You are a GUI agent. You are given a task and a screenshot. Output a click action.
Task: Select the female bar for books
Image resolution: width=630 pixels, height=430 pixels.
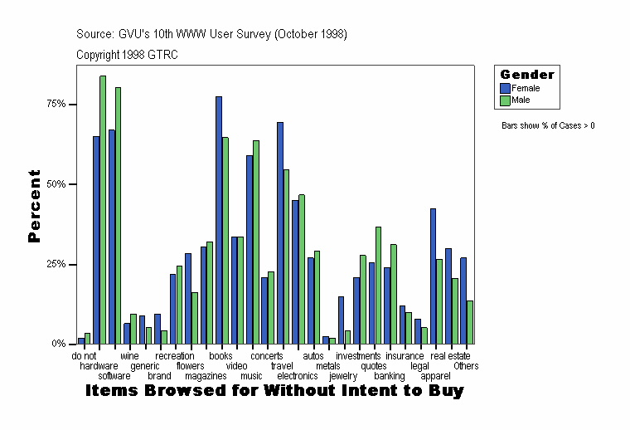[x=219, y=220]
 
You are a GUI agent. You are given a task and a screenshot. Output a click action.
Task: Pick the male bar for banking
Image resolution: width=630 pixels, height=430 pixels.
[x=394, y=294]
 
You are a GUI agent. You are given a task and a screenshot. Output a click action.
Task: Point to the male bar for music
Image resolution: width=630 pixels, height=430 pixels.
[x=256, y=242]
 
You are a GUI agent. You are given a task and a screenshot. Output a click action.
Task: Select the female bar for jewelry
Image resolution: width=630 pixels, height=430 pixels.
[x=341, y=320]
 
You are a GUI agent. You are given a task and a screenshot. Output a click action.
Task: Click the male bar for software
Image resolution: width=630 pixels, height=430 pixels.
[x=119, y=215]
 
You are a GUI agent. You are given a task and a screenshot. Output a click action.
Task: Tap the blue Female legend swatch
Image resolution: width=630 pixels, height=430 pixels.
[x=505, y=88]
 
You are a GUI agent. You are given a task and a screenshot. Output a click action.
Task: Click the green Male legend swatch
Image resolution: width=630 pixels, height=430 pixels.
[x=505, y=100]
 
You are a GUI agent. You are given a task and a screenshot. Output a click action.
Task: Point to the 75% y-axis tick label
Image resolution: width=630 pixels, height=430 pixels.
[x=56, y=104]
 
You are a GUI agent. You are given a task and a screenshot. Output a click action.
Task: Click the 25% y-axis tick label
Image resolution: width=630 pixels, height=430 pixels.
[x=56, y=264]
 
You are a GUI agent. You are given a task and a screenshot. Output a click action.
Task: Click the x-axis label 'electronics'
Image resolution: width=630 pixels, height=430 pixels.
[x=297, y=376]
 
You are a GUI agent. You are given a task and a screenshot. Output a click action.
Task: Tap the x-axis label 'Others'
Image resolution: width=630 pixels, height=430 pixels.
[x=466, y=366]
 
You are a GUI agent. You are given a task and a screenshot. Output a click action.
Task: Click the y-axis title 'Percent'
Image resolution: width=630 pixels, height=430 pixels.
[x=34, y=206]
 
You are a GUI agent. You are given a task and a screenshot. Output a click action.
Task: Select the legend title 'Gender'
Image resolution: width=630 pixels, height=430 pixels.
[x=527, y=75]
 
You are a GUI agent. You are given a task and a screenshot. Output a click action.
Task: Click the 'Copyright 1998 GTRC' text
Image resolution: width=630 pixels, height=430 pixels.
[x=127, y=55]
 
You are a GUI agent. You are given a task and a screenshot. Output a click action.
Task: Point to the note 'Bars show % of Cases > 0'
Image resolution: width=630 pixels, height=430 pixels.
[x=548, y=126]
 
